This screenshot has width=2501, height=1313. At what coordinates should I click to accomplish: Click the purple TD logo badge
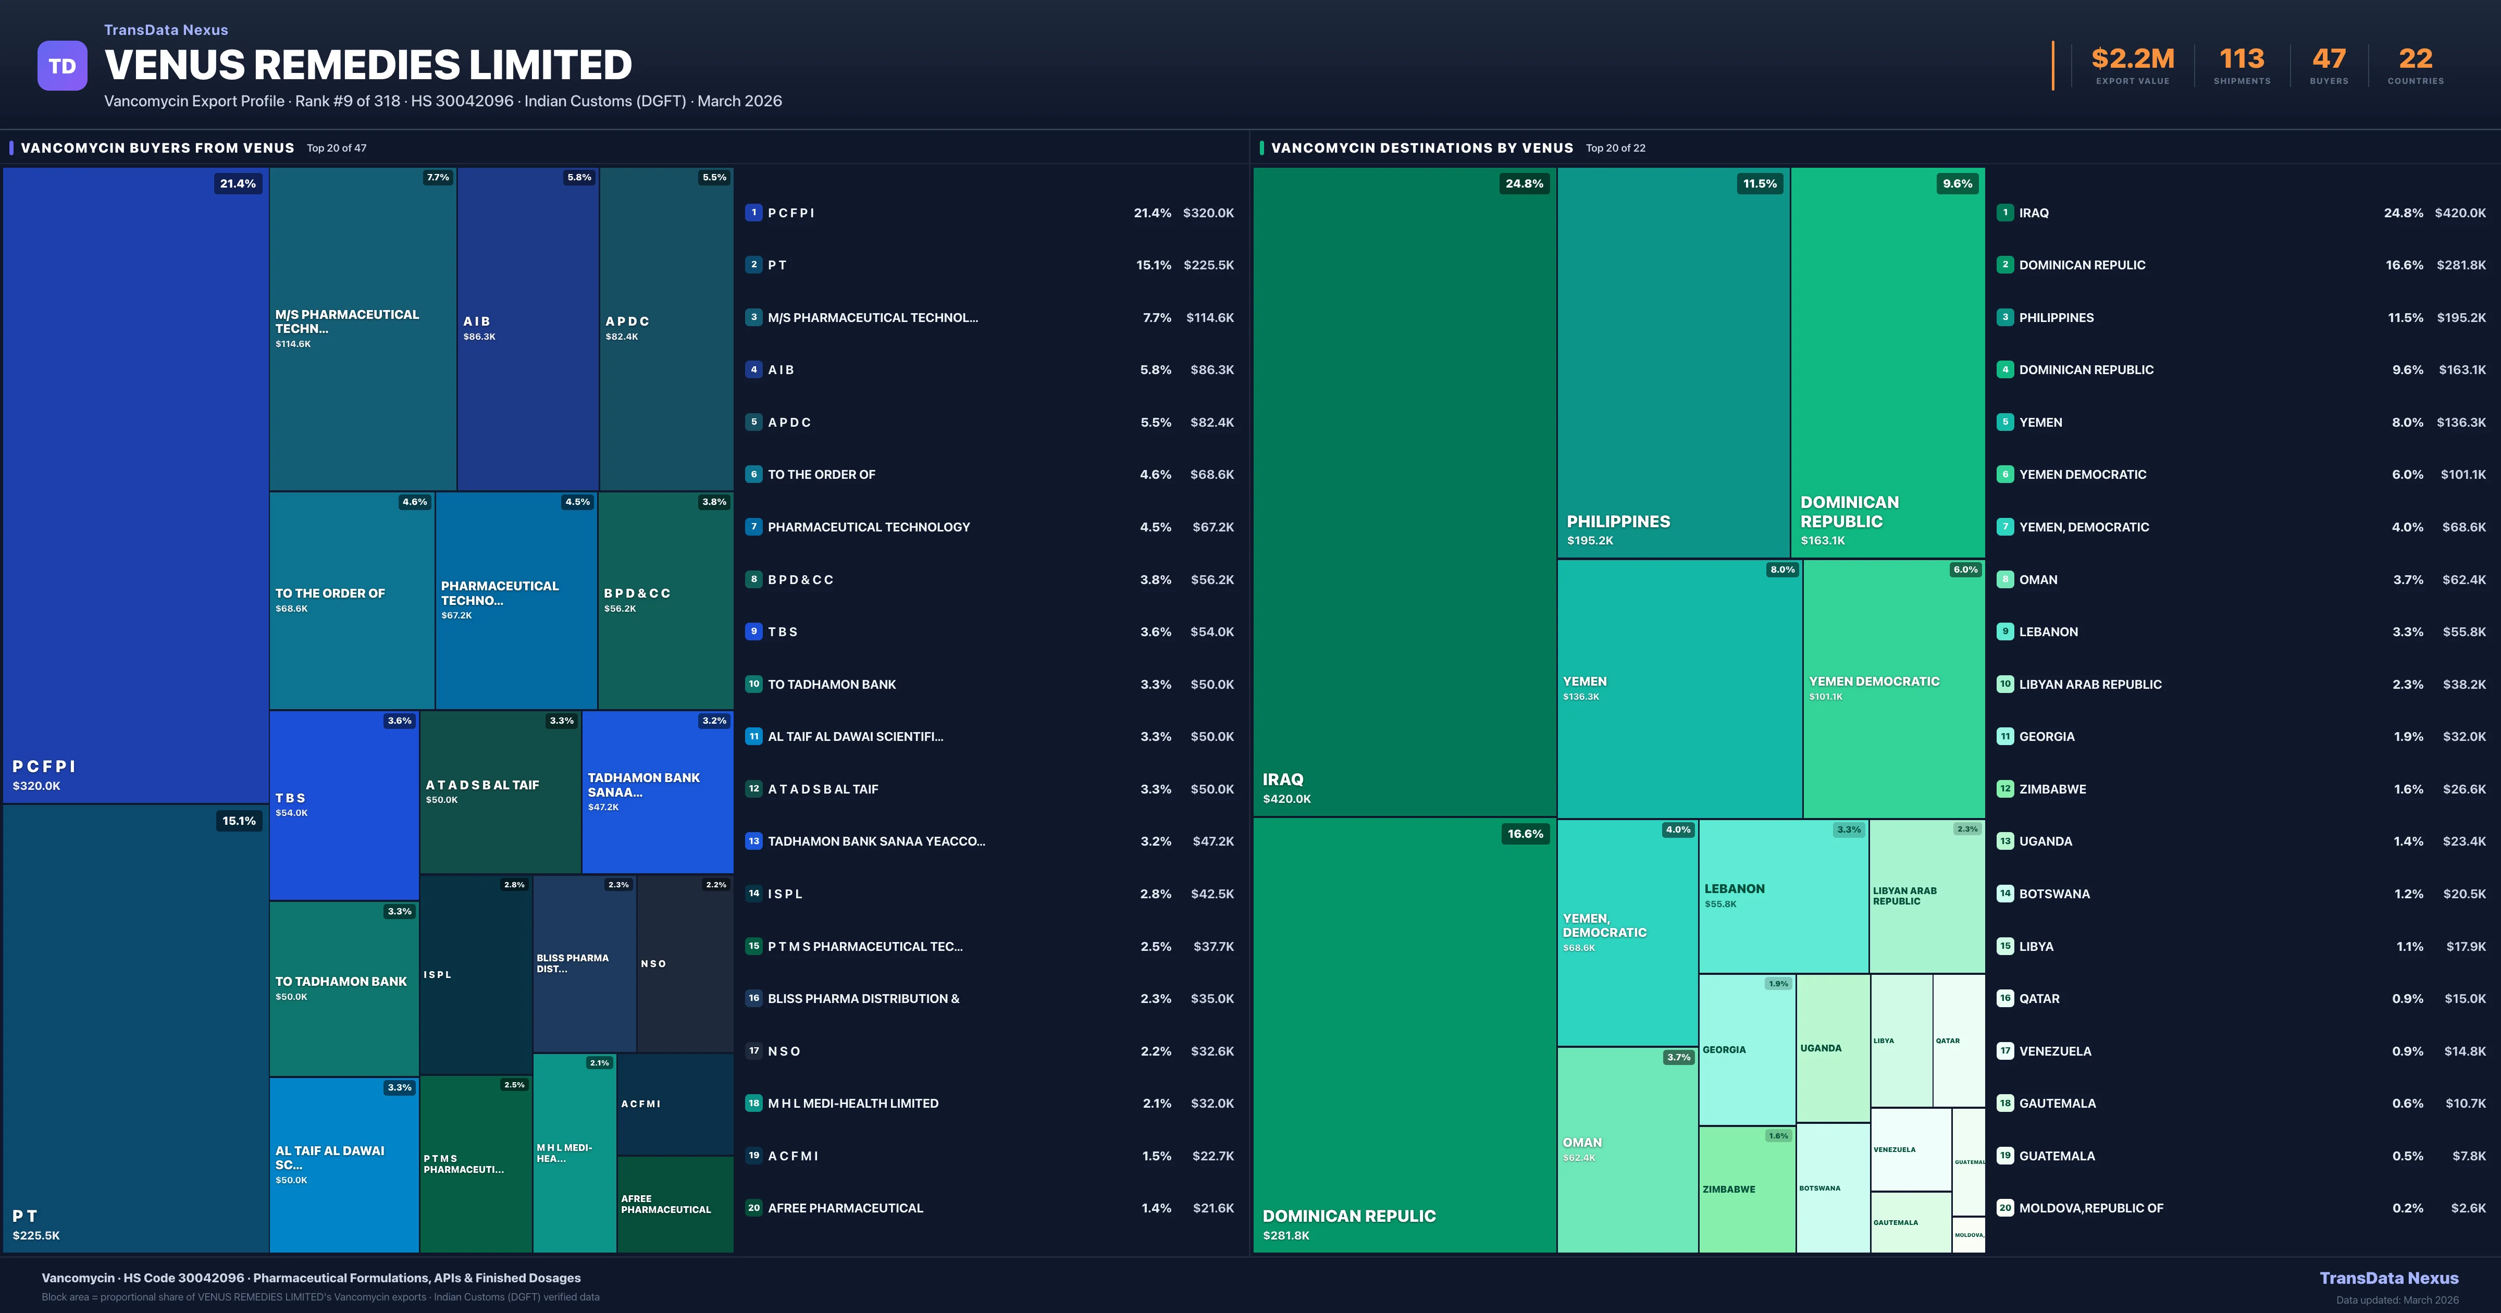[62, 66]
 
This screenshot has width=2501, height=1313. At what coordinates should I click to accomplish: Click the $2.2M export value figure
[2132, 59]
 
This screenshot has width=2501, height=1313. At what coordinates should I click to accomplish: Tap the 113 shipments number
[2242, 59]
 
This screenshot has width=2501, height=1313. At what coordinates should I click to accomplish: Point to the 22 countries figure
[2416, 59]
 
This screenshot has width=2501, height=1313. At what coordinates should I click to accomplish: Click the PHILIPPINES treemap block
[1673, 362]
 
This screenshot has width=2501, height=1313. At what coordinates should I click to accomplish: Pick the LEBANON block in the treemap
[1782, 896]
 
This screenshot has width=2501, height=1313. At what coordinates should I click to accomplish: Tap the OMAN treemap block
[1627, 1149]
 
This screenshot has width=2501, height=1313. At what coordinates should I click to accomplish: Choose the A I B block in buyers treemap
[527, 328]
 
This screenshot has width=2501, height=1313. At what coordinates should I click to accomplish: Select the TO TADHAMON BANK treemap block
[344, 988]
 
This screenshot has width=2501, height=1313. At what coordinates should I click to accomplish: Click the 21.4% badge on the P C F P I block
[238, 183]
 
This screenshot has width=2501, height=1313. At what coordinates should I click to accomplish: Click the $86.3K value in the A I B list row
[1211, 370]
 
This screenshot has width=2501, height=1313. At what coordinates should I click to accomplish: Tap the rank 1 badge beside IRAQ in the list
[2005, 213]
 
